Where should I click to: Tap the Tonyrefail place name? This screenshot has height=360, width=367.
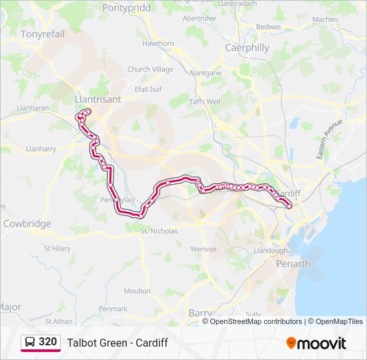[43, 33]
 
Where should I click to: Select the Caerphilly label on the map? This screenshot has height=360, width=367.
[247, 48]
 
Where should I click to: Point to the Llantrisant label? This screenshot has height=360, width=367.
[98, 99]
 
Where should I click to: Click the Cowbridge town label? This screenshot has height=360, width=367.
[27, 224]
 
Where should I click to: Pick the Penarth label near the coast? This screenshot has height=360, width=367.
[294, 264]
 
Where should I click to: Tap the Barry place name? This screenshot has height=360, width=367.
[200, 313]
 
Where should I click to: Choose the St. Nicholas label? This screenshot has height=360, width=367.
[159, 231]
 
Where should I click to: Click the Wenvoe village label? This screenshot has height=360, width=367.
[204, 249]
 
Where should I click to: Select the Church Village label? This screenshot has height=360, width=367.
[150, 69]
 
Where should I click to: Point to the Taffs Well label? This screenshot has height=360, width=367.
[204, 102]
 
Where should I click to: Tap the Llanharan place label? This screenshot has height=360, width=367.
[33, 107]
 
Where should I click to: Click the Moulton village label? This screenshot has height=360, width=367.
[137, 291]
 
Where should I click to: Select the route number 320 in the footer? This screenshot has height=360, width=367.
[48, 342]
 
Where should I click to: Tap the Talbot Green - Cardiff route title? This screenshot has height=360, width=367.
[117, 343]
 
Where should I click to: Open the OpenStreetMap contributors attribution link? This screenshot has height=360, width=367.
[256, 321]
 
